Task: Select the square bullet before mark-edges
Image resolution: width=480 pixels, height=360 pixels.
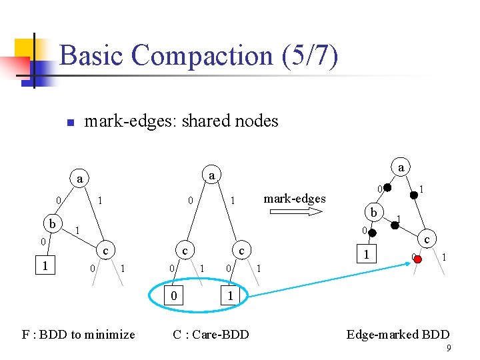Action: click(x=69, y=123)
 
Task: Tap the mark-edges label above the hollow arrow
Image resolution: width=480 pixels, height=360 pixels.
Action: click(x=295, y=198)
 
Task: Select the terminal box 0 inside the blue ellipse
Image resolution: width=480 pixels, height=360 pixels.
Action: click(x=174, y=295)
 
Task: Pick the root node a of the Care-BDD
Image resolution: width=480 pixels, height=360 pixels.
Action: click(x=210, y=175)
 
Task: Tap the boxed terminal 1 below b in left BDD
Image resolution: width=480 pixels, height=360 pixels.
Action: click(x=45, y=265)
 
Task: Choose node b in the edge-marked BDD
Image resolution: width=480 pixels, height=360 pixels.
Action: click(x=374, y=213)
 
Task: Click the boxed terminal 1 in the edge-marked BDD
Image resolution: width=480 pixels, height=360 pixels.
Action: click(x=365, y=254)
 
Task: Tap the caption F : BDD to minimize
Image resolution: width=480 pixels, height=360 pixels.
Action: click(x=78, y=335)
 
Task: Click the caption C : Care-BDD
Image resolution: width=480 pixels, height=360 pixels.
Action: click(x=211, y=335)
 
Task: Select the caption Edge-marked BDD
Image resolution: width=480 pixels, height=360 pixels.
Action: click(x=398, y=335)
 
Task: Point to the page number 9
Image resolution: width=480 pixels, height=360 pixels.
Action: click(x=449, y=347)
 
